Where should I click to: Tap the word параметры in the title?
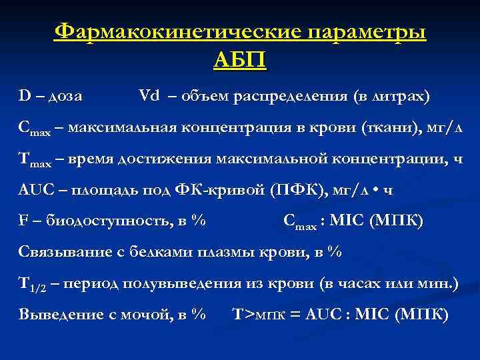[363, 32]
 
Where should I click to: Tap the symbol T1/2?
[31, 285]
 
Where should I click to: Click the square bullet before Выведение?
[9, 315]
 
